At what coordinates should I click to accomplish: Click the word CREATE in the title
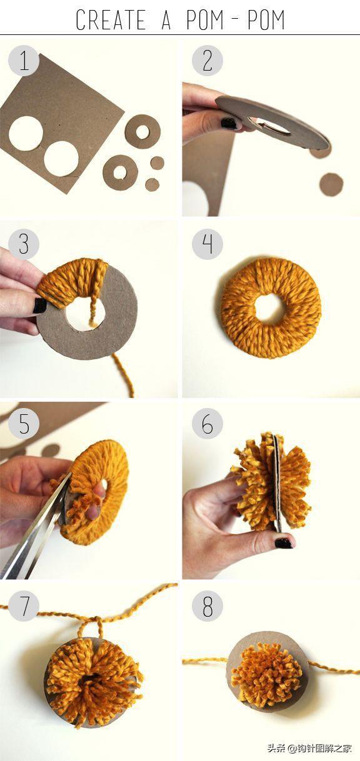click(111, 20)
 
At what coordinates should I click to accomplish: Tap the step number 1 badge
click(24, 61)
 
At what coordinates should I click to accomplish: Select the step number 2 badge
click(207, 61)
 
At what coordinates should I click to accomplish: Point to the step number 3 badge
click(24, 244)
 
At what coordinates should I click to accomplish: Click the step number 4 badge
click(207, 244)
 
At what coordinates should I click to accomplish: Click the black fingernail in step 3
click(39, 305)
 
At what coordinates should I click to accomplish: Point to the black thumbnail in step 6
click(283, 542)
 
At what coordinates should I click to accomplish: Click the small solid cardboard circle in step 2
click(331, 184)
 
